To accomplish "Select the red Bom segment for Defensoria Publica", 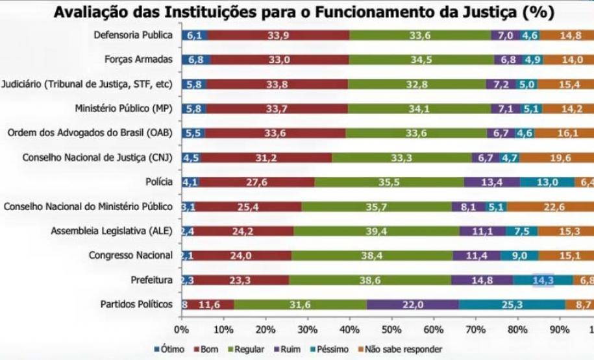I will tap(279, 36).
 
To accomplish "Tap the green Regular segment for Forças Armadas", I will tap(422, 60).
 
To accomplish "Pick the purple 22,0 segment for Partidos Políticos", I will tap(413, 304).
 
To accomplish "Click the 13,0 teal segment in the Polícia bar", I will tap(547, 182).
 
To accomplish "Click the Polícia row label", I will tap(160, 182).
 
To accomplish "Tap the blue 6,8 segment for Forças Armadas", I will tap(195, 60).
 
